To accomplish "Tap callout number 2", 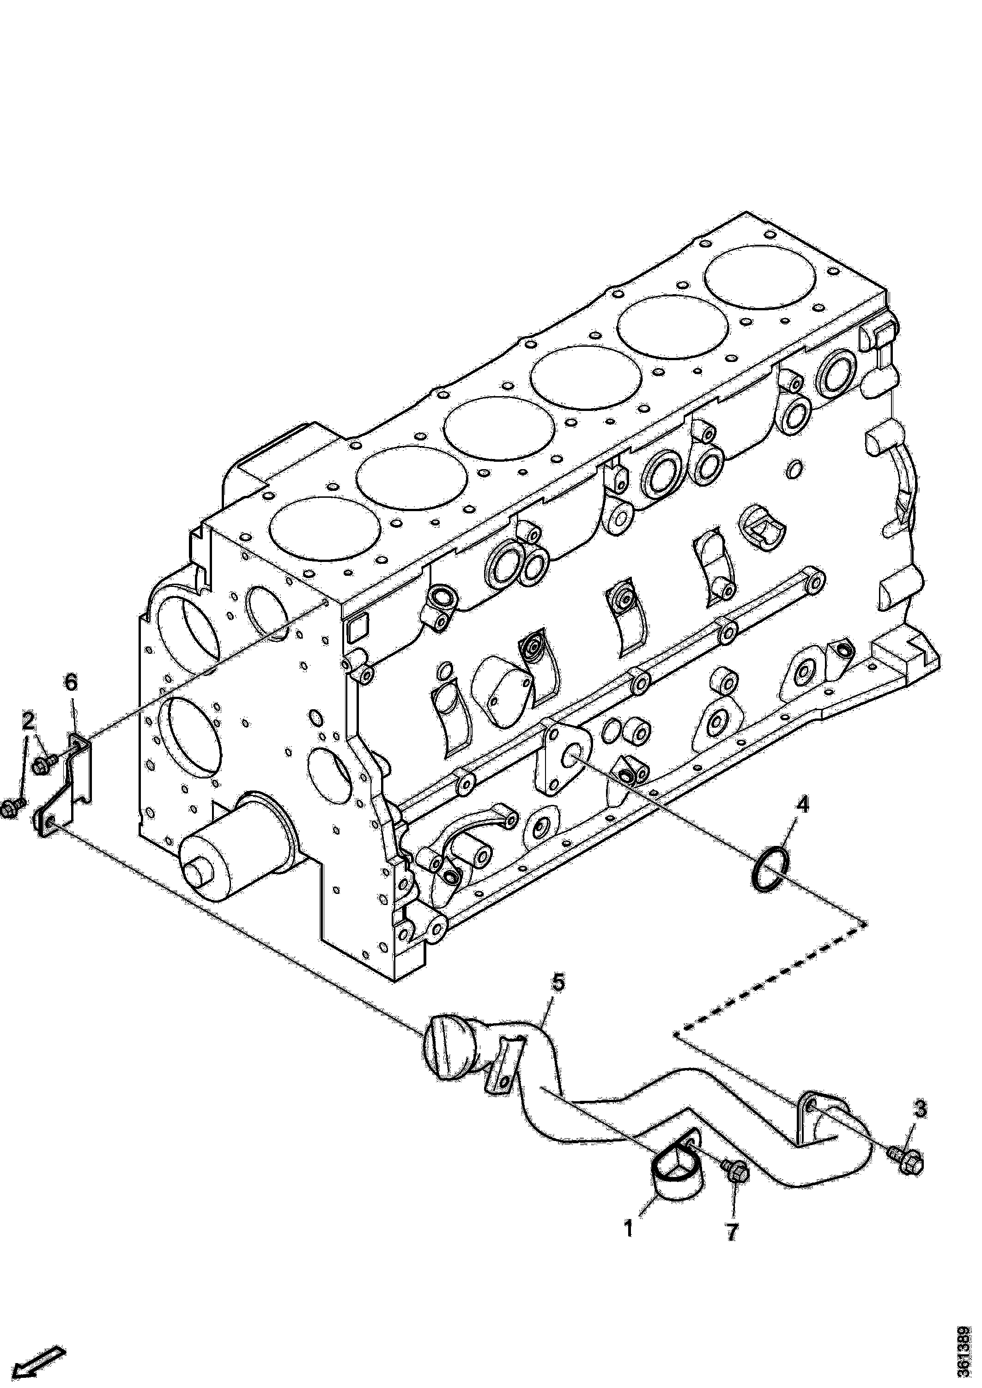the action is coord(28,721).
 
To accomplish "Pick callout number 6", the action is coord(71,683).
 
